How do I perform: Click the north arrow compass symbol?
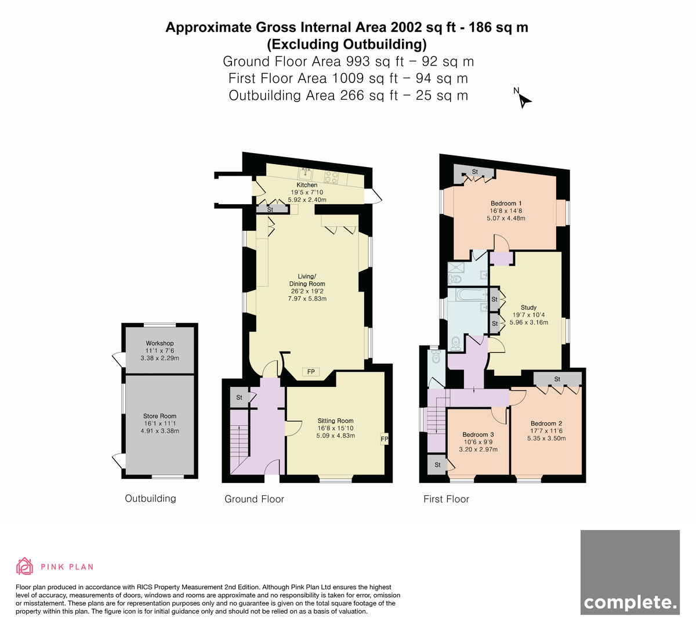(x=523, y=99)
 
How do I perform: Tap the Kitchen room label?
(x=307, y=185)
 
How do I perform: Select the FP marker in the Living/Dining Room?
(x=311, y=372)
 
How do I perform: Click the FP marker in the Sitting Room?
(x=385, y=439)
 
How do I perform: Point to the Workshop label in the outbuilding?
(x=159, y=343)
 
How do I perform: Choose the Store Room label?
(x=159, y=416)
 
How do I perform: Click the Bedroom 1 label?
(x=506, y=204)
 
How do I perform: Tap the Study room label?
(x=528, y=307)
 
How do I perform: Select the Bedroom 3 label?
(x=478, y=434)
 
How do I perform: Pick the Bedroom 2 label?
(x=546, y=423)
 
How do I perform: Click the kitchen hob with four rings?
(x=331, y=177)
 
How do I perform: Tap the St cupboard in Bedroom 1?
(x=474, y=172)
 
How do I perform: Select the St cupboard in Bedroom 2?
(x=557, y=379)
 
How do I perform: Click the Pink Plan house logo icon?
(x=24, y=566)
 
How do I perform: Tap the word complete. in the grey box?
(x=630, y=602)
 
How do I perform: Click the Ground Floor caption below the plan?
(x=254, y=499)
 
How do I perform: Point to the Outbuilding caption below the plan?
(x=150, y=498)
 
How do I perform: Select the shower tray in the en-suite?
(x=456, y=267)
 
